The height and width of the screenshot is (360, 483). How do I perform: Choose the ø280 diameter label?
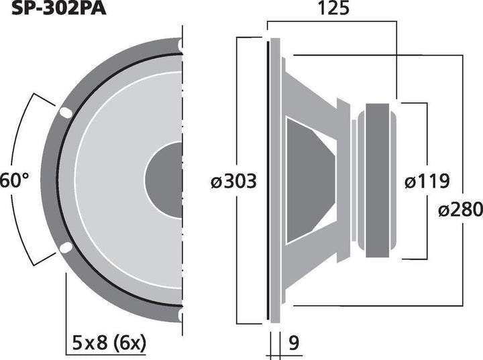460,209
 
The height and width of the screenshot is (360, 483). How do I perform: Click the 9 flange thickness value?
292,343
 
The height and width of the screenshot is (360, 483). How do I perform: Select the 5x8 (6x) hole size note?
108,344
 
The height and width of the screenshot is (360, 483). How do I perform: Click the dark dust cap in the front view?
165,181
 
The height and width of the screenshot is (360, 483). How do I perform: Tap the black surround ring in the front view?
58,181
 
